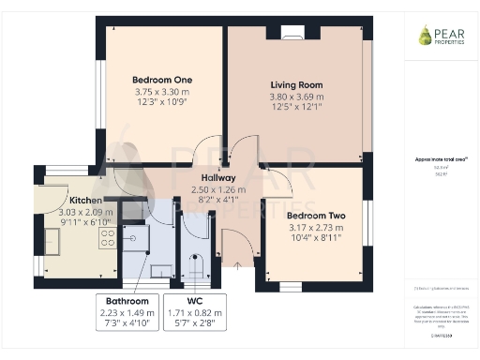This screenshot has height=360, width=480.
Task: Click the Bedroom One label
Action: pyautogui.click(x=162, y=80)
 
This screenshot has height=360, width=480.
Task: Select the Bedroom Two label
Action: pyautogui.click(x=316, y=216)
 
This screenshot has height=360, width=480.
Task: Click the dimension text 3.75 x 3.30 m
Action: pyautogui.click(x=162, y=92)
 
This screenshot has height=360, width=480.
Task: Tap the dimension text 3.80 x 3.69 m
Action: pyautogui.click(x=296, y=97)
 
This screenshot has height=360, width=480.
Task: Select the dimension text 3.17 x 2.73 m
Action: pyautogui.click(x=316, y=228)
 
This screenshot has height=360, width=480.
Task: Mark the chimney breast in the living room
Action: pyautogui.click(x=280, y=31)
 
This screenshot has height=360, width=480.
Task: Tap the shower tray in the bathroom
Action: pyautogui.click(x=136, y=240)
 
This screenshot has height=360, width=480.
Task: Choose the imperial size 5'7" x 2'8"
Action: pyautogui.click(x=195, y=323)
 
